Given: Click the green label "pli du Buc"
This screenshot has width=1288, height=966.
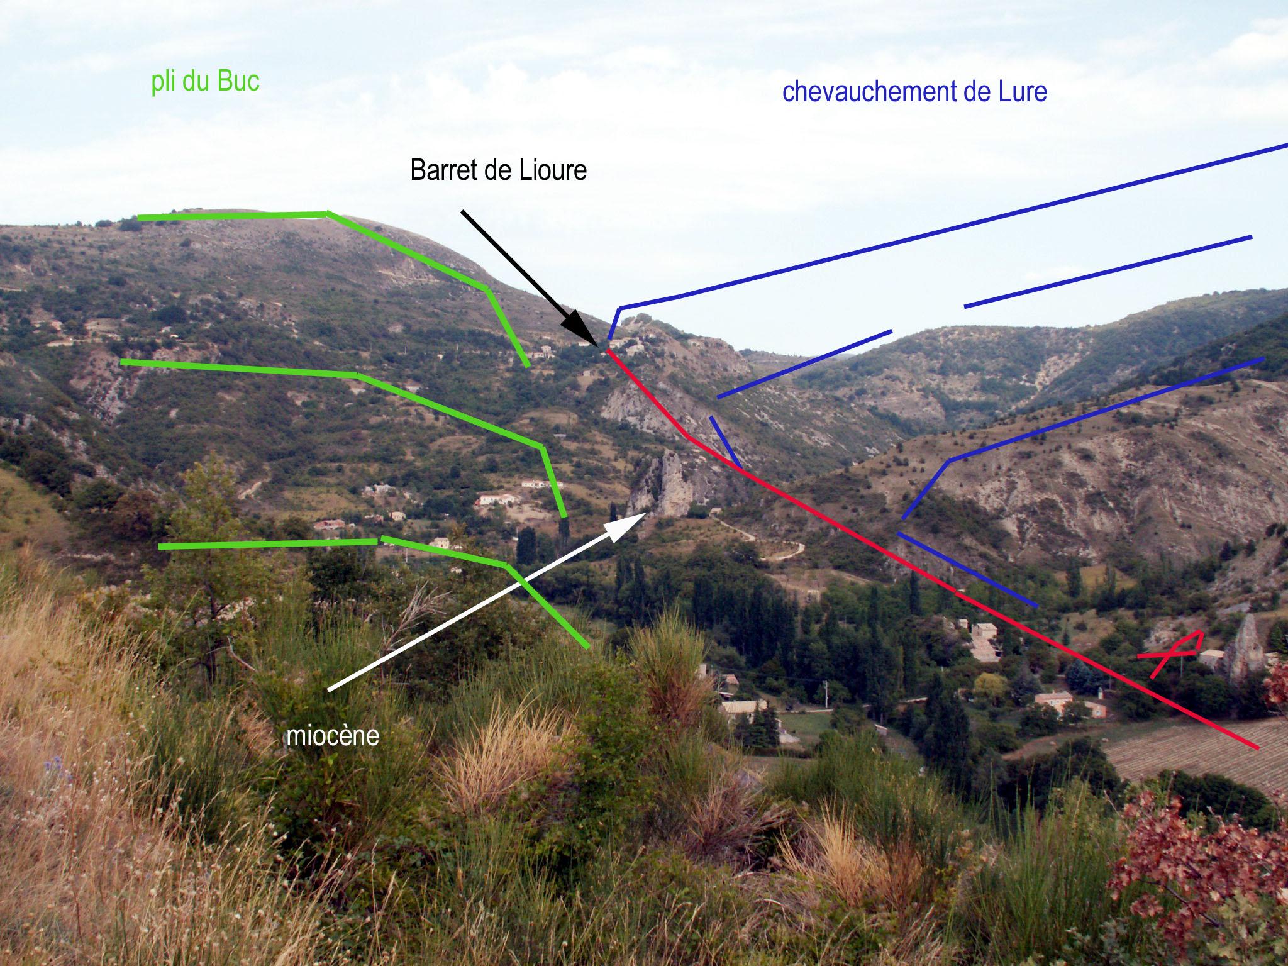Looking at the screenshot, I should (205, 82).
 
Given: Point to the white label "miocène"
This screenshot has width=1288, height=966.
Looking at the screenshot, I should (333, 736).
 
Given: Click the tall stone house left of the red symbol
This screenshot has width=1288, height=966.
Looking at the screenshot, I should (984, 641).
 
